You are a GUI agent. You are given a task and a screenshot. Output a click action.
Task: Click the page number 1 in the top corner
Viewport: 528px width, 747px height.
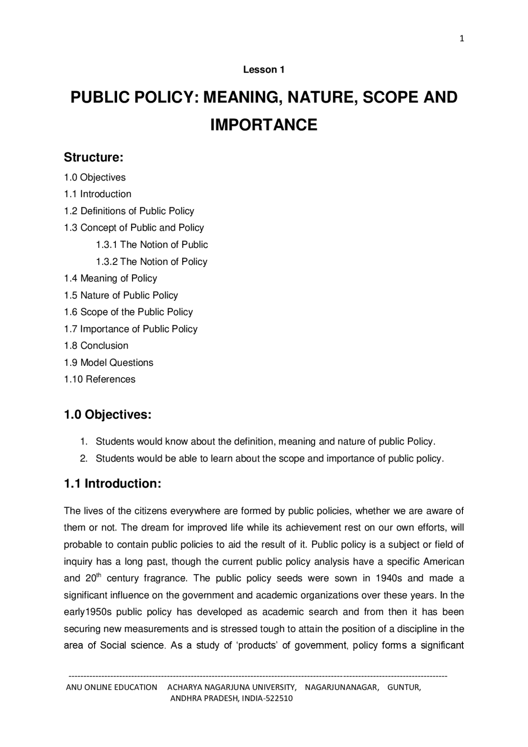[x=462, y=39]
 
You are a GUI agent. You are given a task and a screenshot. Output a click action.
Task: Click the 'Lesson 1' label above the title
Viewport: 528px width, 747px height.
[x=264, y=70]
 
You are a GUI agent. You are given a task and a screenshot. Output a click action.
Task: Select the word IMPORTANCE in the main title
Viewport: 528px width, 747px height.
[x=264, y=125]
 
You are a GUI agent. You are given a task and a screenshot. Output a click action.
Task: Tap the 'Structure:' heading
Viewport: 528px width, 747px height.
[x=94, y=157]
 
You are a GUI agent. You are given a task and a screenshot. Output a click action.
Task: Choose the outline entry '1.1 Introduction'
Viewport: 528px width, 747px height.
[x=97, y=194]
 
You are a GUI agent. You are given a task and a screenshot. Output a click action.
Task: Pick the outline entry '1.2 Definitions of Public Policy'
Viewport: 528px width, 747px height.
[x=129, y=211]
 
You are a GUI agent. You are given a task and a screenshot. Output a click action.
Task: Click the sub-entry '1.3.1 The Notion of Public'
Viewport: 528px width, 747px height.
[x=152, y=245]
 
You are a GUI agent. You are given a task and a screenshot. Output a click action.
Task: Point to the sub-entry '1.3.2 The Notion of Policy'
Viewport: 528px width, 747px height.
[x=151, y=262]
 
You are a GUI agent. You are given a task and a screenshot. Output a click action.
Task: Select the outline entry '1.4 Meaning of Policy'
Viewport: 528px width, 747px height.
[x=111, y=278]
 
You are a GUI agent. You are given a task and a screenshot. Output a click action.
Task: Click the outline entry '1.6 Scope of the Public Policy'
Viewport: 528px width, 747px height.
[x=128, y=312]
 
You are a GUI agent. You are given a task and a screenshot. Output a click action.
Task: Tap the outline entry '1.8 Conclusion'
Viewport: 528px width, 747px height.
[x=96, y=346]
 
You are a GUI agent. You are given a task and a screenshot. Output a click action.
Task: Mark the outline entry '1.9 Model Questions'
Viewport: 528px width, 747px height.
[x=108, y=363]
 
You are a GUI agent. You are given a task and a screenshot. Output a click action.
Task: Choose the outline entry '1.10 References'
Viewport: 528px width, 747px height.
[x=99, y=379]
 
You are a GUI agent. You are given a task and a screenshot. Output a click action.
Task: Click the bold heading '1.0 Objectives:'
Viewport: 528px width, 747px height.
[x=108, y=415]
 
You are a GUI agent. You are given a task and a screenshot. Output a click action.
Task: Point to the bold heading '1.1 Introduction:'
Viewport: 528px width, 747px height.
[x=112, y=483]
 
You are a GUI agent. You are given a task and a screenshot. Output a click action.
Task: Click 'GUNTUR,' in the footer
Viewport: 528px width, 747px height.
[x=404, y=687]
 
